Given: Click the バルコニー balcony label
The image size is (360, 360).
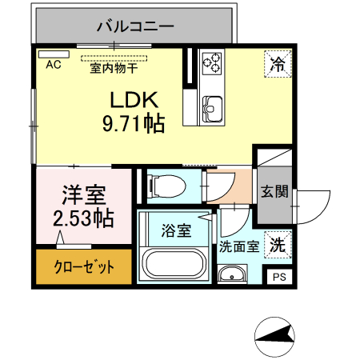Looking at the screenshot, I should coord(135,26).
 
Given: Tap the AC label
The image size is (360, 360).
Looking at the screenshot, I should coord(54,65).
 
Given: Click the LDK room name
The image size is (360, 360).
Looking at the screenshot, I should coord(134,102).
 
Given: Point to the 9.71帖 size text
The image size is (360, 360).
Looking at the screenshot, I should coord(134,124).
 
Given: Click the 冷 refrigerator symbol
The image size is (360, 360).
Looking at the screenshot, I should coord(276,64).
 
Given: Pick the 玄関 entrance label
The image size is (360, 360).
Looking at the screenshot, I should coord(274,192).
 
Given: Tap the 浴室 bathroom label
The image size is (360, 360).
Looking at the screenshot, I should coord(176,231).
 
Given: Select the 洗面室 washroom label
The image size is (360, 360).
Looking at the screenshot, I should coord(238,247).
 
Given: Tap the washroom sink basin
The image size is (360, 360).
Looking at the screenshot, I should coord(234,274).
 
